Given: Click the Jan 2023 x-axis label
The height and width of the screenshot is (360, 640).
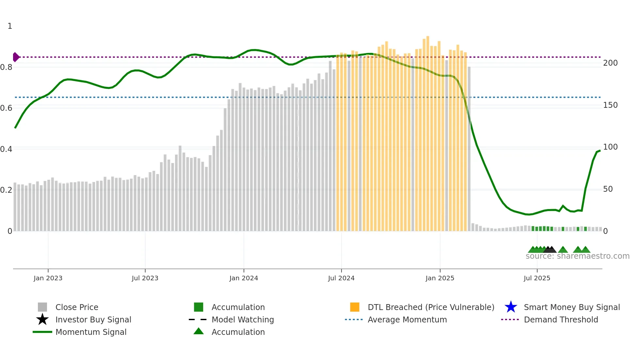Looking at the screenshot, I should point(48,278).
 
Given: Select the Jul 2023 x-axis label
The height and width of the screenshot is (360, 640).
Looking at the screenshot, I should point(145,278).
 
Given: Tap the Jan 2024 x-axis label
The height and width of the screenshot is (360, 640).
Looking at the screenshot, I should point(244,278).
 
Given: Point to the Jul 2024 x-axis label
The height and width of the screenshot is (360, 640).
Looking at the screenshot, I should point(341,278).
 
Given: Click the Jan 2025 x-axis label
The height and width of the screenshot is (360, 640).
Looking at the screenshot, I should point(440,278).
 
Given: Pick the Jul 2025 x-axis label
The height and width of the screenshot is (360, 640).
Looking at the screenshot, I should point(537,278).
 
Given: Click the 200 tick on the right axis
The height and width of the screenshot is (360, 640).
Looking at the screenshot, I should point(610,63).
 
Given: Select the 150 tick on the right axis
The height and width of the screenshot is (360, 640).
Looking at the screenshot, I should point(610,105).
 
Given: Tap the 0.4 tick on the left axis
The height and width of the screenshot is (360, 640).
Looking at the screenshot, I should point(7,149).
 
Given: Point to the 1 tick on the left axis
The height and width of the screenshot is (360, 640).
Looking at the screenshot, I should point(10,26).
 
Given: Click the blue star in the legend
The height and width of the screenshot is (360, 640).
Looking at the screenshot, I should point(511,307).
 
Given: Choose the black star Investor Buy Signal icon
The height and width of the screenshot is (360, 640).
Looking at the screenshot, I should point(42,319).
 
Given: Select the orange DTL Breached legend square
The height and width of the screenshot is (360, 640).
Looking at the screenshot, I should point(355,307).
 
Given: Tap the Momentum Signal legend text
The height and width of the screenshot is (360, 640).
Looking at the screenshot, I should point(91,332).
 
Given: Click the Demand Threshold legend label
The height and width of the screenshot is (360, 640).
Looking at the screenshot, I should point(561,319).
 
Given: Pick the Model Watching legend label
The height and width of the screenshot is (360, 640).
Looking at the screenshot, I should point(243,319).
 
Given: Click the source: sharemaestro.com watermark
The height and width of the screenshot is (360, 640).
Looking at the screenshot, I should point(577,256).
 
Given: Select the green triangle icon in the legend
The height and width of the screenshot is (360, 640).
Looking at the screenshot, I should point(199,331).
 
